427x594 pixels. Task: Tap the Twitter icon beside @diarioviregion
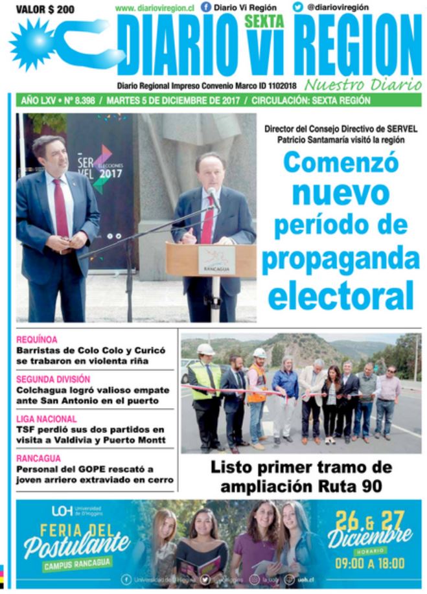pyautogui.click(x=297, y=7)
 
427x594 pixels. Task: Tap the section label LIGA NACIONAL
pyautogui.click(x=47, y=419)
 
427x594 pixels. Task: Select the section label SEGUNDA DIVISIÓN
pyautogui.click(x=53, y=379)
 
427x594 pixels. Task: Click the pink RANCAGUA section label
pyautogui.click(x=39, y=459)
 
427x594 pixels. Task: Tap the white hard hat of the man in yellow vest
pyautogui.click(x=205, y=349)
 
